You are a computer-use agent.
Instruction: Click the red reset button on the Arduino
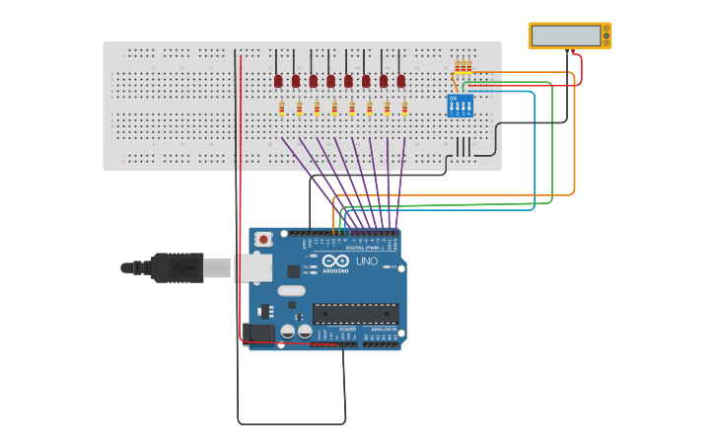click(x=263, y=239)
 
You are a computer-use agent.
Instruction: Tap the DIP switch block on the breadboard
click(x=461, y=107)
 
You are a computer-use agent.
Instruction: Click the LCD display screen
click(x=566, y=37)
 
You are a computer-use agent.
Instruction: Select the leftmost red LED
click(x=278, y=81)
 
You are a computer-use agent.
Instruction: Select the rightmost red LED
click(x=401, y=81)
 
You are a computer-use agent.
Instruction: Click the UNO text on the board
click(x=366, y=261)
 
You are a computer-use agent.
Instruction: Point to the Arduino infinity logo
click(x=336, y=261)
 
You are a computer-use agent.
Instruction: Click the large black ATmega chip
click(x=355, y=314)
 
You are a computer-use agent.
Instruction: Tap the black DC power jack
click(x=259, y=334)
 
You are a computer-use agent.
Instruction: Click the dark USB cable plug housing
click(x=178, y=267)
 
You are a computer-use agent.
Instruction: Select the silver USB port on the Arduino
click(x=252, y=267)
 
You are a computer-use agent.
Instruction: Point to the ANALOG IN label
click(x=381, y=330)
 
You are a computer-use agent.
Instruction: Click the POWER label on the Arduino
click(x=333, y=330)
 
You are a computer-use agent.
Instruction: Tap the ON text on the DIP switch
click(x=453, y=98)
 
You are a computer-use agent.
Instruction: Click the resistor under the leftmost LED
click(x=282, y=109)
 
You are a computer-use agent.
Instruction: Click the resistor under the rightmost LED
click(x=405, y=109)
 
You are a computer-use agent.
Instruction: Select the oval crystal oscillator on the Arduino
click(x=291, y=290)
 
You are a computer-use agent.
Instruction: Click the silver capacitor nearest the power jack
click(x=287, y=333)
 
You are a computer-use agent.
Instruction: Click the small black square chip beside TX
click(x=294, y=270)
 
